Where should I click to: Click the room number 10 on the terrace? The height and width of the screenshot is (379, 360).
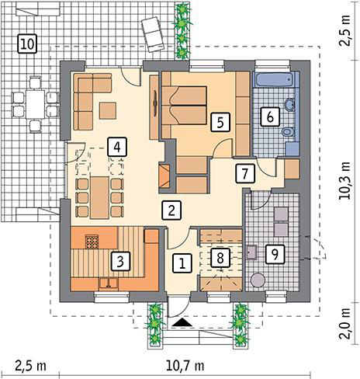[27, 43]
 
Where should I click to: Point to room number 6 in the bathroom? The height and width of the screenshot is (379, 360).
[269, 116]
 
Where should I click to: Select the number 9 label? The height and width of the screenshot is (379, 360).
[272, 252]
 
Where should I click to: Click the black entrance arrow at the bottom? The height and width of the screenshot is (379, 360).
[182, 321]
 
